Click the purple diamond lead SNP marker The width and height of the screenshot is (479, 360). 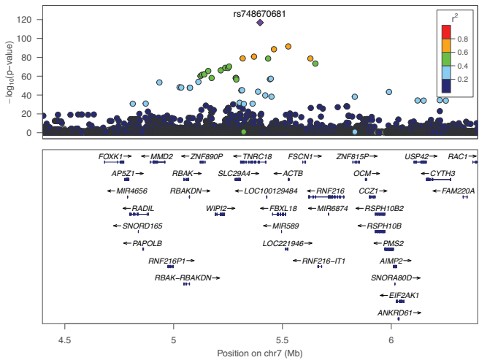(260, 23)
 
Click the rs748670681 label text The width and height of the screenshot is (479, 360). (259, 12)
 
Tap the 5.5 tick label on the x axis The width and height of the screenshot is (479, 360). (282, 340)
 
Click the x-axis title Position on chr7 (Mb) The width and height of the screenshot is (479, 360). (260, 353)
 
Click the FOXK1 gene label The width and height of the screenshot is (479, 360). (111, 156)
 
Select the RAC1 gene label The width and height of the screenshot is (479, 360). (458, 156)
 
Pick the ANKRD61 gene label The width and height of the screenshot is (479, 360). (395, 313)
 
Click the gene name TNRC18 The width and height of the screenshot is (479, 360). (257, 156)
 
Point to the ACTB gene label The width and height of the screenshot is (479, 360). (293, 174)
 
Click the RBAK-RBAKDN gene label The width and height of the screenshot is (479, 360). (183, 278)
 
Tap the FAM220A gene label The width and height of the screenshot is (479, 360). (459, 191)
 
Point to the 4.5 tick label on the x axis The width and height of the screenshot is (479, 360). (66, 340)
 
